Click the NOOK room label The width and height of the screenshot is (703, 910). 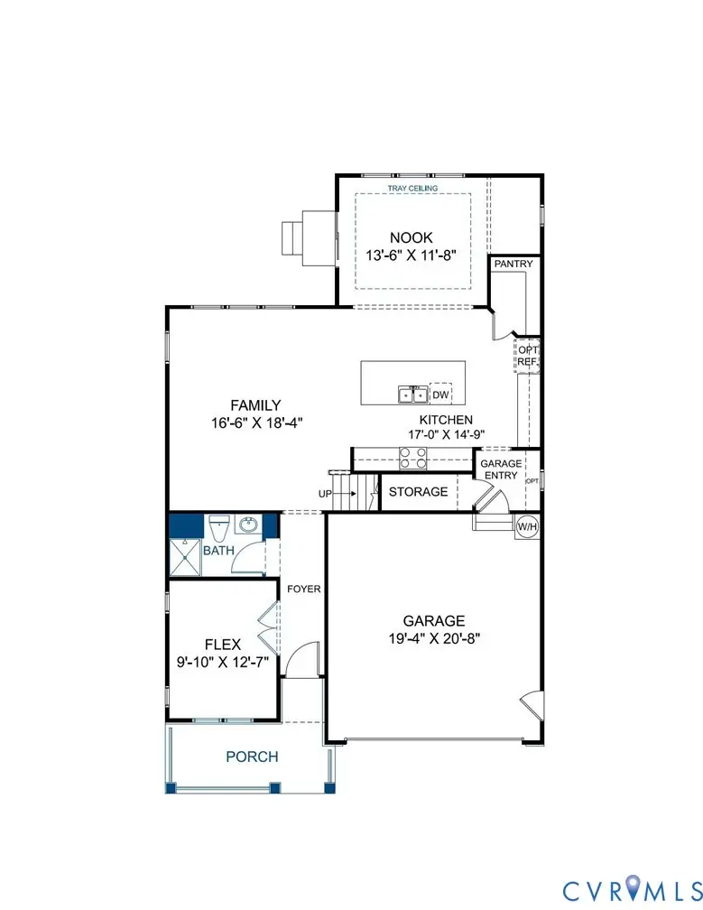click(412, 237)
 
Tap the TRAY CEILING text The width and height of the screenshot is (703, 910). click(412, 189)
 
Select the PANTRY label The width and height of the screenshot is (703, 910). click(513, 265)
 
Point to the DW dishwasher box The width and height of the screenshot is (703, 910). click(440, 395)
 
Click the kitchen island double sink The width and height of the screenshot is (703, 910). click(413, 395)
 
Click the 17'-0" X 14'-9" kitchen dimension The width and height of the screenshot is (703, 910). click(445, 435)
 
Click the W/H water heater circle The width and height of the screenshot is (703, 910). click(526, 525)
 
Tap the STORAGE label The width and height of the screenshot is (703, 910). click(418, 492)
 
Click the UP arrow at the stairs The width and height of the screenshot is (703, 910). click(335, 494)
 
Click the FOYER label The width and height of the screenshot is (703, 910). click(303, 590)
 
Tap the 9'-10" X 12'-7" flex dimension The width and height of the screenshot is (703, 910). click(223, 661)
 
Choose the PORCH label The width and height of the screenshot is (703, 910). click(252, 757)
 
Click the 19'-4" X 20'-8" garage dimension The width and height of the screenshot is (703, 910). click(434, 637)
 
